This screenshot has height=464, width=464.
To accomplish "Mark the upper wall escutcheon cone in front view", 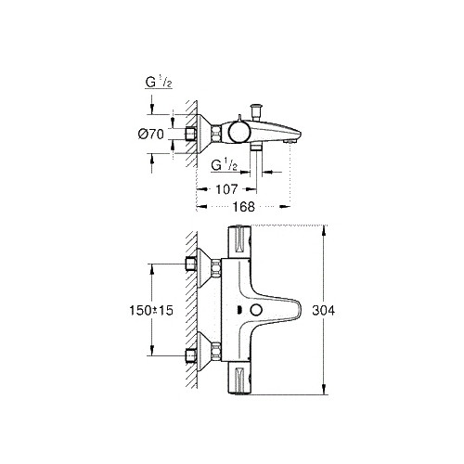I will [x=199, y=267].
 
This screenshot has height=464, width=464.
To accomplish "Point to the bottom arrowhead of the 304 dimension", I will [x=322, y=391].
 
